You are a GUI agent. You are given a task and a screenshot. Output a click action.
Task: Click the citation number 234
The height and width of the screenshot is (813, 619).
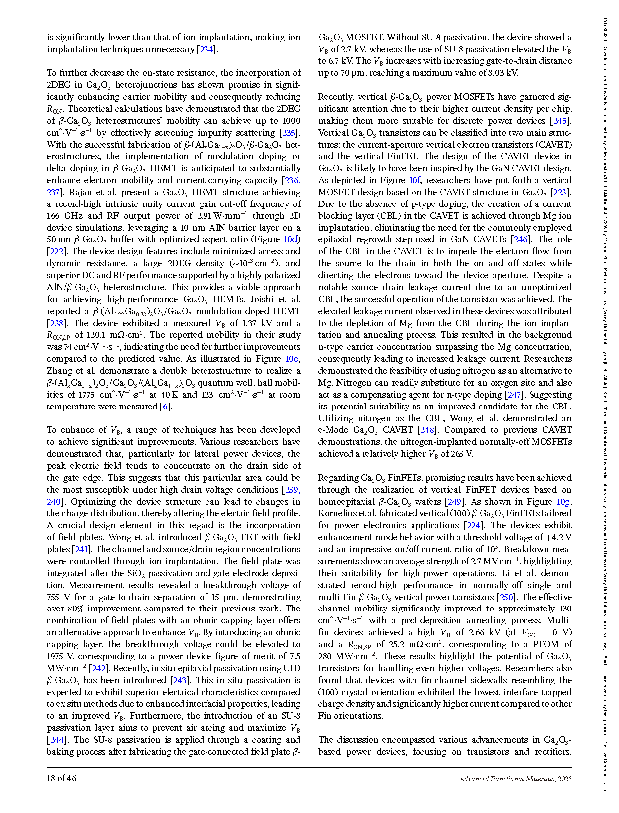207,49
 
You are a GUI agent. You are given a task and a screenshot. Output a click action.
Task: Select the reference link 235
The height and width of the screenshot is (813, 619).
289,133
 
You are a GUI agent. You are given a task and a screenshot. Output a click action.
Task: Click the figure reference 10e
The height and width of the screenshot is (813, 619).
292,359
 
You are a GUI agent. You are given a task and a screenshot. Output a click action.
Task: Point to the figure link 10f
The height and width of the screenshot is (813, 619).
414,180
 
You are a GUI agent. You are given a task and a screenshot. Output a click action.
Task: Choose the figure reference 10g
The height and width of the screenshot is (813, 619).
564,502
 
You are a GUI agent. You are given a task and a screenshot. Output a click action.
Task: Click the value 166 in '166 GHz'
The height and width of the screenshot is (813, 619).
54,216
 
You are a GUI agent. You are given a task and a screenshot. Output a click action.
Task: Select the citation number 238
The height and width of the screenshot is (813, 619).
56,323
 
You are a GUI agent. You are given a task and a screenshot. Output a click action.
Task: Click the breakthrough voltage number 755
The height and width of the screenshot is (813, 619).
54,597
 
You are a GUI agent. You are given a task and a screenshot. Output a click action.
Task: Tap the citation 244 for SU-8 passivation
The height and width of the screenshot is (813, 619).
56,740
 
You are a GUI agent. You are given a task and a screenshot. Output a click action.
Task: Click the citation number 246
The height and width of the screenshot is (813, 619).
520,239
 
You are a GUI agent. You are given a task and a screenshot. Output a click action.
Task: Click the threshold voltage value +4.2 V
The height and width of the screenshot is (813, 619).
558,537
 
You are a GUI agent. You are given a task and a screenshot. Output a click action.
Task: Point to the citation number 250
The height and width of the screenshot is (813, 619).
506,597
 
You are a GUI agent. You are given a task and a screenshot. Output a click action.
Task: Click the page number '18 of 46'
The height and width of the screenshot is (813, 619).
62,778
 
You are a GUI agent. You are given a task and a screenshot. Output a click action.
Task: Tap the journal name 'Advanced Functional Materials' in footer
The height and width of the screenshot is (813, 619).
507,779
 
